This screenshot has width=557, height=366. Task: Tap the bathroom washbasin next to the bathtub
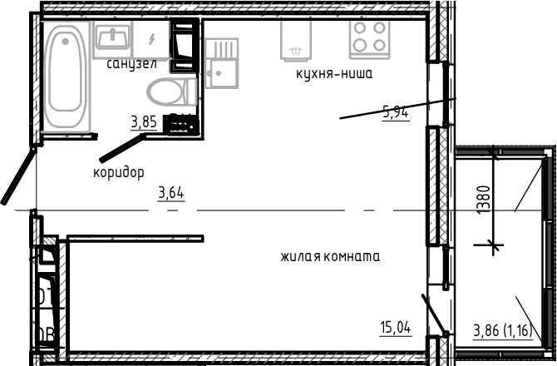pos(111,37)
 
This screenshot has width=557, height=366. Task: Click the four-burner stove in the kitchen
pos(369,37)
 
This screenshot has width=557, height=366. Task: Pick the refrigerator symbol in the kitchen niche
pos(296,38)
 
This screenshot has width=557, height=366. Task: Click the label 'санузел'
pos(132,63)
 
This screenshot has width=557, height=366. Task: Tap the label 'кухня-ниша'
pos(333,74)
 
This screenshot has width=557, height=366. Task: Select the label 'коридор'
pos(119,172)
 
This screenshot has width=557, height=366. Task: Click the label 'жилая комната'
pos(329,256)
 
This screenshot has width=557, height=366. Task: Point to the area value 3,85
pos(143,122)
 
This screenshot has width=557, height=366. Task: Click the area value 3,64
pos(171,194)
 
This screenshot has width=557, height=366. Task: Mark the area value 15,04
pos(396,328)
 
